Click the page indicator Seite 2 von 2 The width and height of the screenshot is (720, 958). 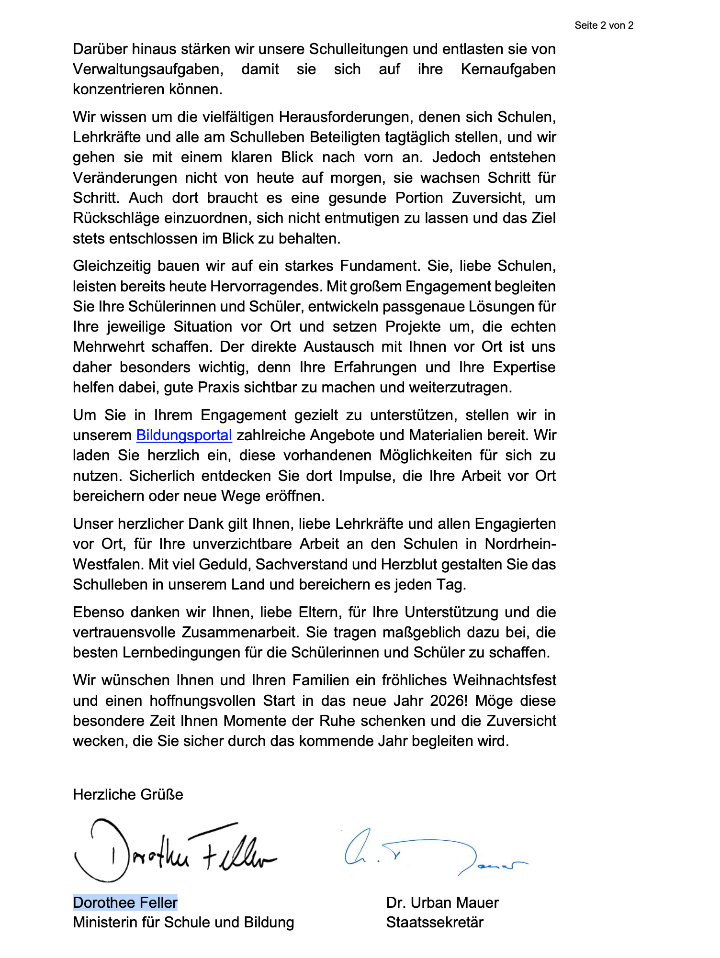point(604,25)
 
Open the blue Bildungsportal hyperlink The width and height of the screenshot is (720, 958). point(184,435)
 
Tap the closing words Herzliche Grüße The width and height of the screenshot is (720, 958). point(128,794)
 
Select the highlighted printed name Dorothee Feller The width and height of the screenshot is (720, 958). point(125,902)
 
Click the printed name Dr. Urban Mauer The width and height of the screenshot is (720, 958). point(442,902)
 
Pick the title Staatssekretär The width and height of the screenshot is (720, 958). point(434,922)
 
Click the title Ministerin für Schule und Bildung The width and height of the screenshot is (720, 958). point(183,922)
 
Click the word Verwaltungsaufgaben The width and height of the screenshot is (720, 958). point(148,69)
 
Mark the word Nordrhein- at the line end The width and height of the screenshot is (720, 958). point(520,544)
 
